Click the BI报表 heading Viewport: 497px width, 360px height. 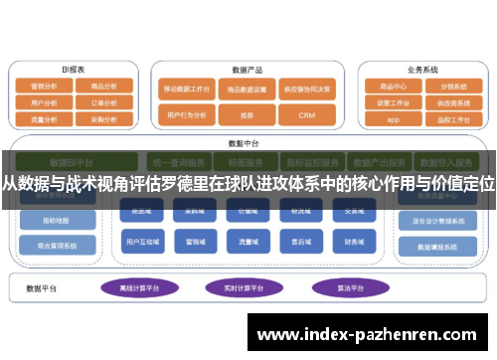click(75, 70)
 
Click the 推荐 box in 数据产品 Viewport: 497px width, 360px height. click(245, 115)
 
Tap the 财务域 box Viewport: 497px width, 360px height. click(354, 241)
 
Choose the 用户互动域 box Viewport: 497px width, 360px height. click(137, 241)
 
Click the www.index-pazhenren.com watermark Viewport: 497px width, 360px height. click(372, 336)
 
